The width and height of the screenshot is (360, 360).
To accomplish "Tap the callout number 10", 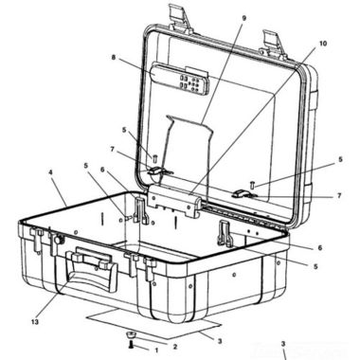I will point(322,44).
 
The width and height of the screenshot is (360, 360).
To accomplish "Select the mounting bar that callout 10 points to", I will point(171,201).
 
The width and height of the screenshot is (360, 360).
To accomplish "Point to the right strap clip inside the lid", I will point(251,193).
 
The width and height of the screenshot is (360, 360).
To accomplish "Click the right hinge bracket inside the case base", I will point(225,233).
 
